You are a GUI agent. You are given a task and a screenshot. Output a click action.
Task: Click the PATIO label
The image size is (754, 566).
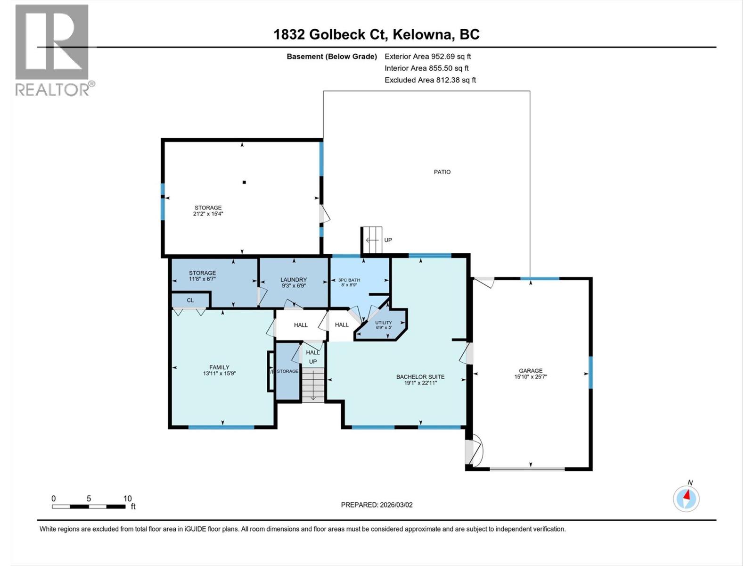442,172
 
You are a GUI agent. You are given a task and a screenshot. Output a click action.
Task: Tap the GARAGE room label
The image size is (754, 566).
531,371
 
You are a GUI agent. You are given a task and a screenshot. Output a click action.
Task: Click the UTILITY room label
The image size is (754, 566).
383,323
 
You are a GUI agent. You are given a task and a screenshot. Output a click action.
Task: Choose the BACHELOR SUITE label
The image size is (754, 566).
420,377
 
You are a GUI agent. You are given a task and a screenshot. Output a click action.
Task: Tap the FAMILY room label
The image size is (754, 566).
219,367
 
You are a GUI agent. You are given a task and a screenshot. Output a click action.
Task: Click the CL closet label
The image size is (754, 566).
190,300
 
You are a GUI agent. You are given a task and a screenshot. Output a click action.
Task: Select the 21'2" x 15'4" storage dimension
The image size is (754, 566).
208,214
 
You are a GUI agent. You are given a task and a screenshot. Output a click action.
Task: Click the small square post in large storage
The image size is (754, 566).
244,182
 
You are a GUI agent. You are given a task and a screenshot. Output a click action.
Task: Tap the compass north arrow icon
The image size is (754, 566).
686,498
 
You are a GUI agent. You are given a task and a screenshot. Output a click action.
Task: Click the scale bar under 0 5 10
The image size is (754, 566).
89,507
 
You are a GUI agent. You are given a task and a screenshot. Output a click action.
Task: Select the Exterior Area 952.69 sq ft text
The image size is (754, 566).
427,56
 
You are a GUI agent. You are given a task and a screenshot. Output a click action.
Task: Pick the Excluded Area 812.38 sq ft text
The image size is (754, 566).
430,80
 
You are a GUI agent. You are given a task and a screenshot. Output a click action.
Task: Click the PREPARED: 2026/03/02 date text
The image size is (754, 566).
377,505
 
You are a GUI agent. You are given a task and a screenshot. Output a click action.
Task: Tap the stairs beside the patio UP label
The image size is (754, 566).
372,240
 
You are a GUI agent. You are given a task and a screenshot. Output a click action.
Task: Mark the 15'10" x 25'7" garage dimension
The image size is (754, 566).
531,377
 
